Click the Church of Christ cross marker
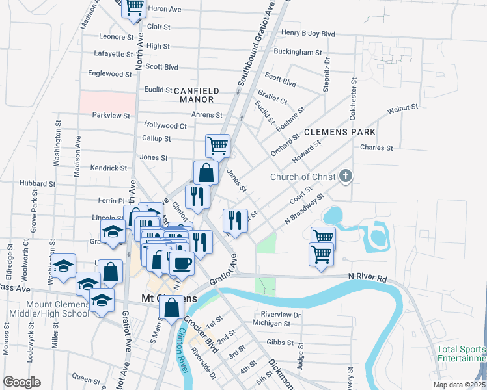[x=346, y=175]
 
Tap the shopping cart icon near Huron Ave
[x=134, y=8]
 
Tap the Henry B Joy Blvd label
[x=308, y=33]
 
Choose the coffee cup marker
[x=182, y=263]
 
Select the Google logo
[x=21, y=382]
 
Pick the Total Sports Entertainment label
[x=462, y=354]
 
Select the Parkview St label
[x=111, y=115]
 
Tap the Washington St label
[x=57, y=142]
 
